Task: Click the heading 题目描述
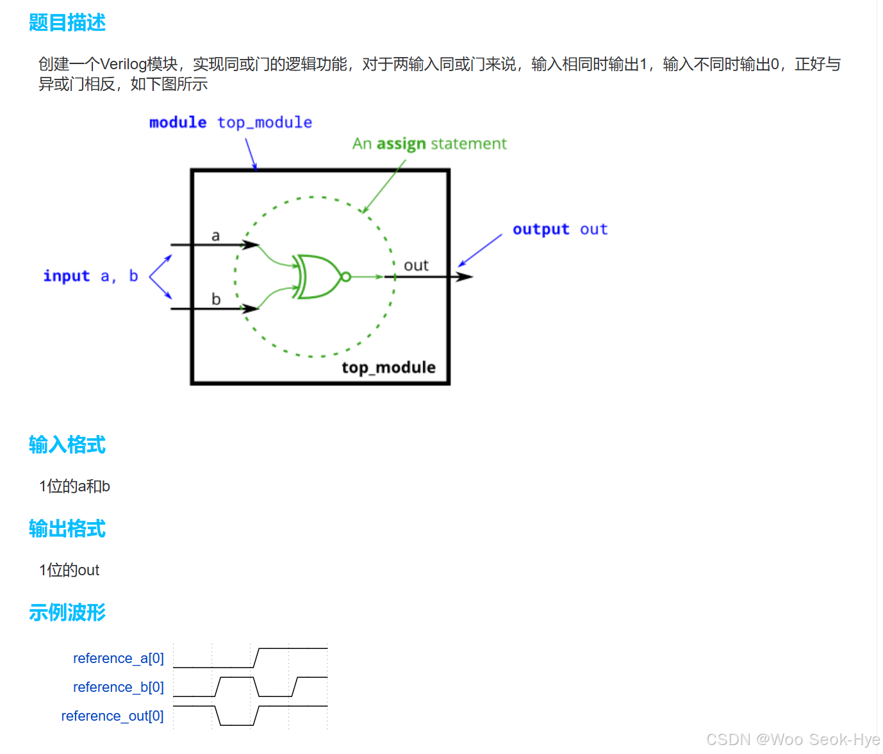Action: (67, 23)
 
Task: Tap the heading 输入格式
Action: (67, 445)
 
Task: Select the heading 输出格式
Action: (67, 529)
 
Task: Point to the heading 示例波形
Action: (67, 612)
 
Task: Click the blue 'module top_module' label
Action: (231, 122)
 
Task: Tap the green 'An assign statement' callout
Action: (429, 144)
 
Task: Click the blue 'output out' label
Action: (560, 229)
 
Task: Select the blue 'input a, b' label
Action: (90, 276)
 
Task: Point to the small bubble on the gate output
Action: (346, 277)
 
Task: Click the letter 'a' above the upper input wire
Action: (216, 236)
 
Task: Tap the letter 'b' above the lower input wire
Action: (216, 299)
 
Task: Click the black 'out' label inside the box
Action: (416, 265)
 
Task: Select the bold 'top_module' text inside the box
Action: (388, 367)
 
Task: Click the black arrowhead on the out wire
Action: (464, 277)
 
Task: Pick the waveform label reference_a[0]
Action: (119, 659)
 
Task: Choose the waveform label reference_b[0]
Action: (119, 687)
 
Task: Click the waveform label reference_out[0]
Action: (112, 716)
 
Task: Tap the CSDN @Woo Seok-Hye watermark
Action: (793, 740)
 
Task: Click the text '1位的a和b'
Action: (74, 487)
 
